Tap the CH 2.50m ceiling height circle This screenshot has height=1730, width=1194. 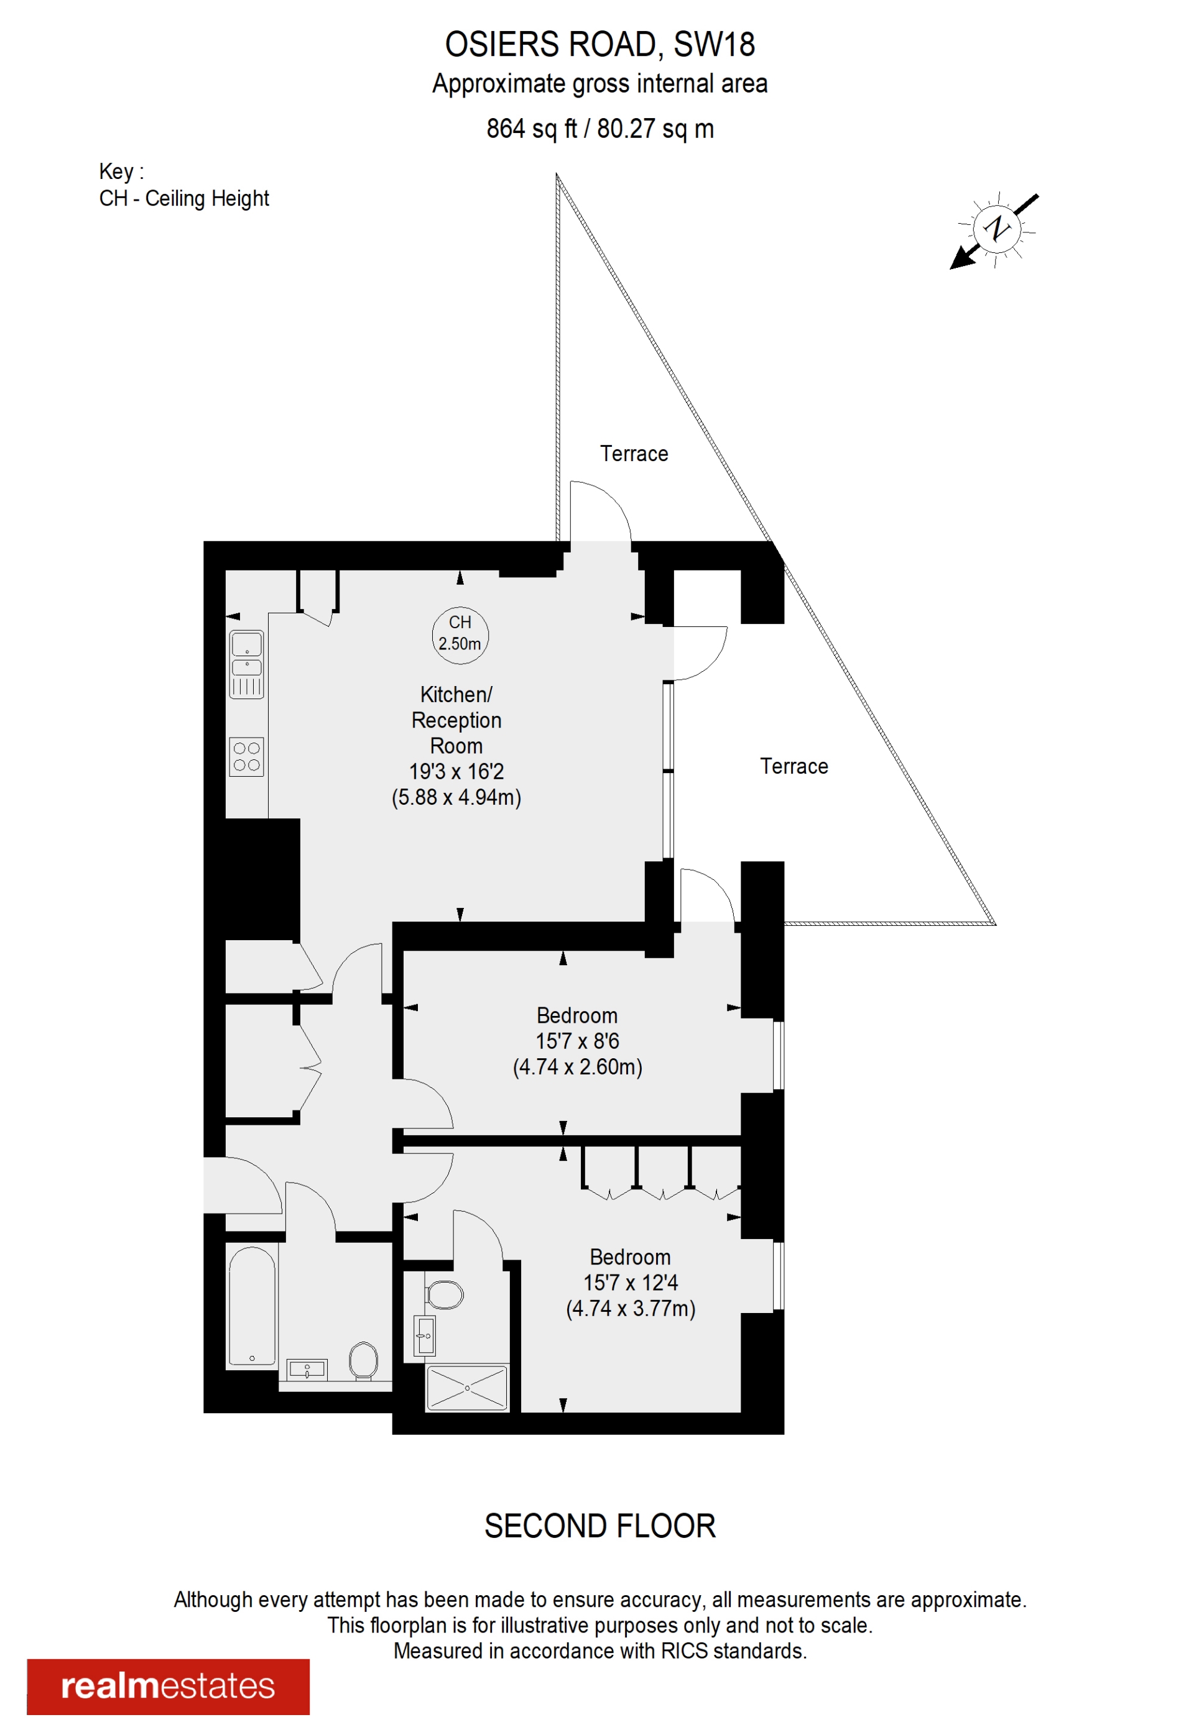coord(460,634)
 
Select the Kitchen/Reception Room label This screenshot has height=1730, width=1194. coord(456,719)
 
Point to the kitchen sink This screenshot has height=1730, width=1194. coord(246,655)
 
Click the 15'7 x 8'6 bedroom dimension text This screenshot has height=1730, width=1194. coord(577,1041)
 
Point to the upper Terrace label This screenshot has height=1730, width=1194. coord(634,454)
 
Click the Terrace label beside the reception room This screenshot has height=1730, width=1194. coord(794,766)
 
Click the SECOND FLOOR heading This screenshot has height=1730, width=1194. coord(599,1527)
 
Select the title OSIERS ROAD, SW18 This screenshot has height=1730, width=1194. coord(599,45)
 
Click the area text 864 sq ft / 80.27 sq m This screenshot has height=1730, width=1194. coord(599,129)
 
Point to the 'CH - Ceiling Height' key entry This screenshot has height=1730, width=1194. coord(184,198)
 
